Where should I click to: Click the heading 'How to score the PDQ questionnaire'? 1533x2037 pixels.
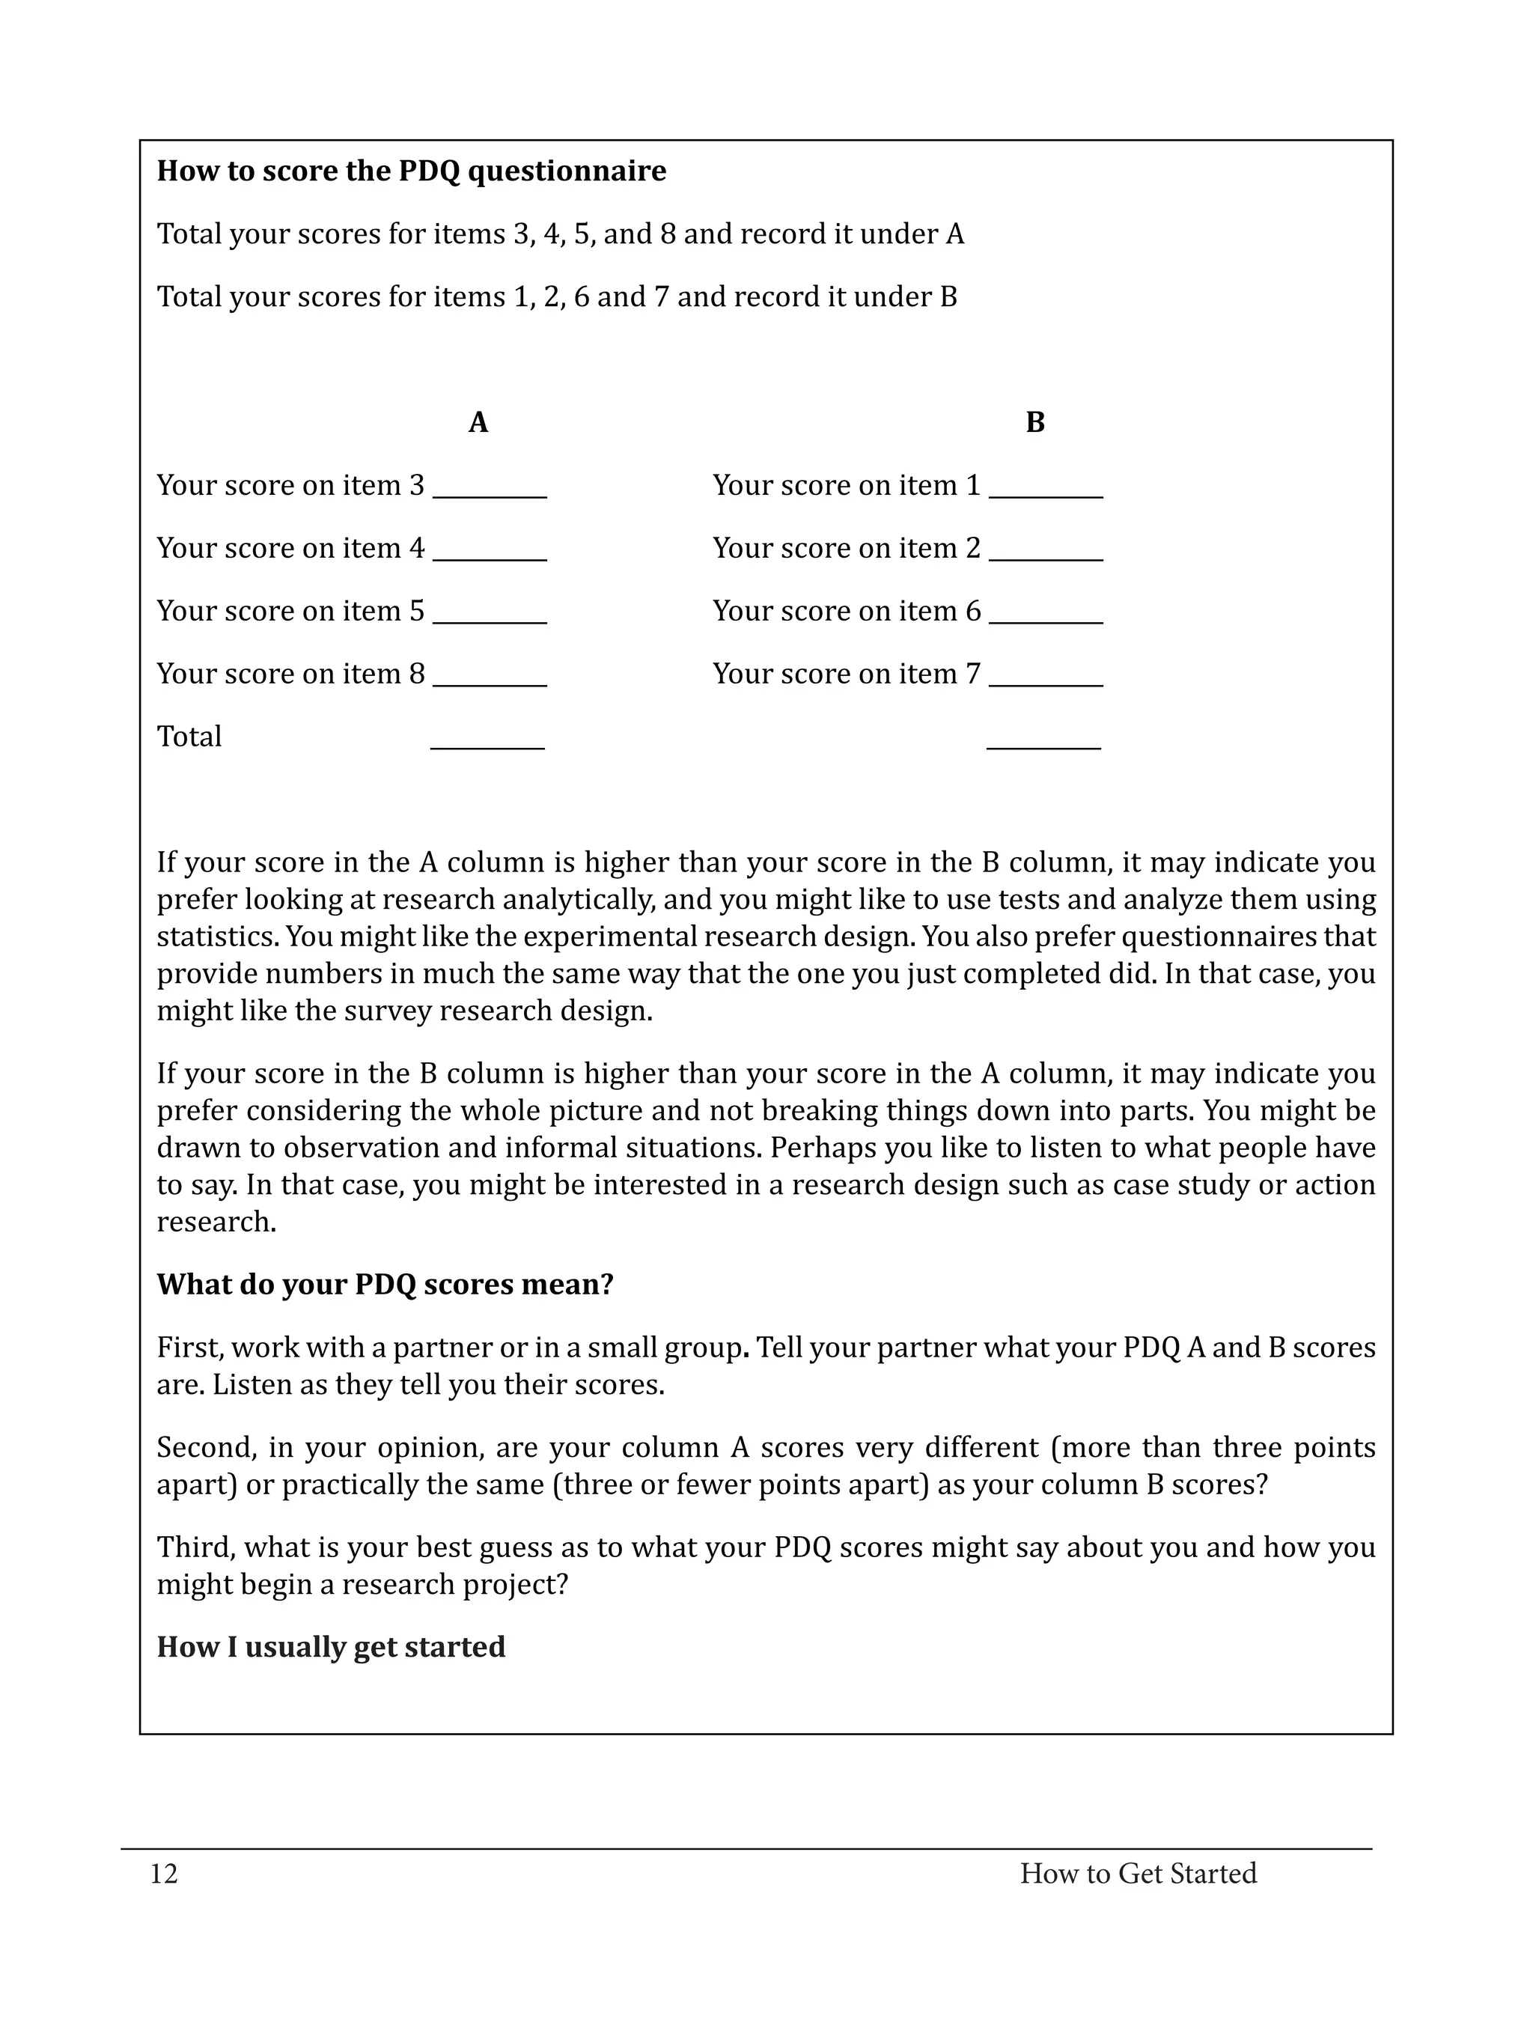pyautogui.click(x=411, y=171)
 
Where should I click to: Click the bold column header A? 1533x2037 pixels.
pyautogui.click(x=478, y=423)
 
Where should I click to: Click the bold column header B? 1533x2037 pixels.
pyautogui.click(x=1035, y=423)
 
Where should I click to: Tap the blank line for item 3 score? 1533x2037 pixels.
pyautogui.click(x=490, y=495)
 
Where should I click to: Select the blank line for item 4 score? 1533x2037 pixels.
pyautogui.click(x=490, y=557)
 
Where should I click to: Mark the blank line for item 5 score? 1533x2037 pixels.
pyautogui.click(x=490, y=620)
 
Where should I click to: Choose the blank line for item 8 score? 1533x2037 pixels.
pyautogui.click(x=490, y=683)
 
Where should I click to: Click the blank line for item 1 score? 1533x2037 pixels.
pyautogui.click(x=1046, y=495)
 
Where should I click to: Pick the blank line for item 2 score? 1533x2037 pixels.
pyautogui.click(x=1046, y=557)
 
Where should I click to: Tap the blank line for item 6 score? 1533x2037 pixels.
pyautogui.click(x=1046, y=620)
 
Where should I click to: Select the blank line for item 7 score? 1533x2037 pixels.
pyautogui.click(x=1046, y=683)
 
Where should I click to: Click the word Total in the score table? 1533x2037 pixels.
pyautogui.click(x=189, y=737)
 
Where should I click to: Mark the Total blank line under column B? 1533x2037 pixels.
pyautogui.click(x=1043, y=746)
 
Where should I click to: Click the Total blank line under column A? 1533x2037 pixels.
pyautogui.click(x=487, y=746)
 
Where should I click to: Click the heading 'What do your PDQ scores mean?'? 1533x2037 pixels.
pyautogui.click(x=385, y=1285)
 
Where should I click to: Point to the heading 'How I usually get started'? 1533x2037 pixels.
pyautogui.click(x=331, y=1646)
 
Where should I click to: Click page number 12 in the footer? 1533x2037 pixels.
pyautogui.click(x=164, y=1874)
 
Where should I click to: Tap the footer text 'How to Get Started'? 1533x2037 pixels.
pyautogui.click(x=1138, y=1874)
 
